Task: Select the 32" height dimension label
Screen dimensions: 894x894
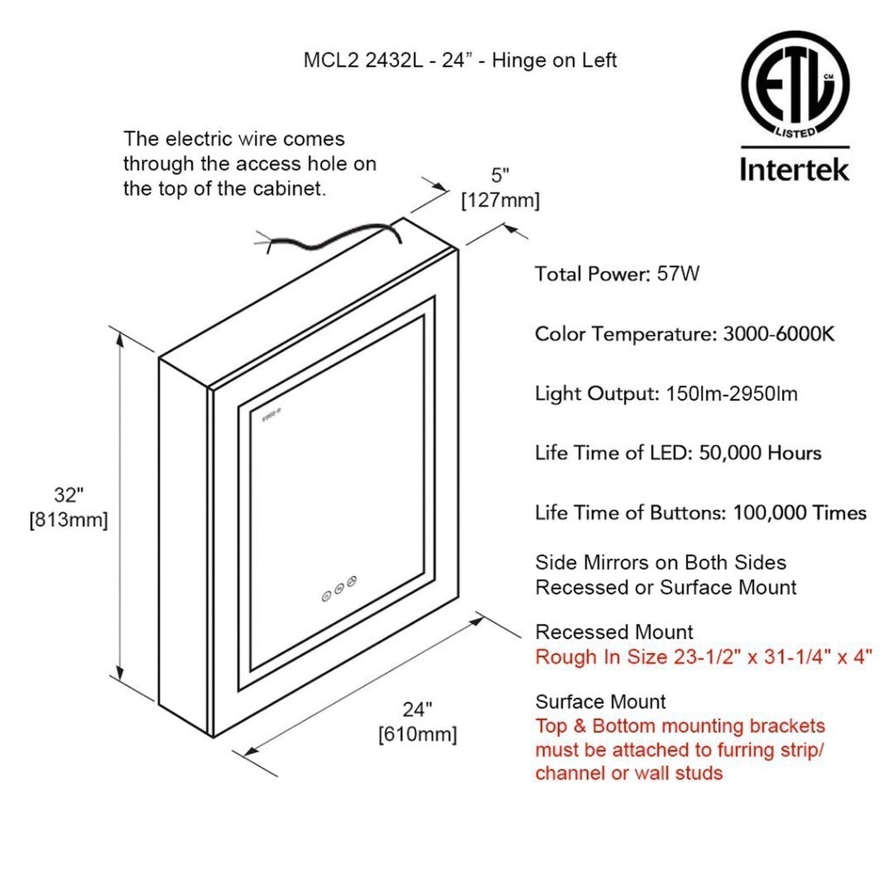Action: [x=69, y=495]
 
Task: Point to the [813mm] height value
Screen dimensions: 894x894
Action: [x=69, y=520]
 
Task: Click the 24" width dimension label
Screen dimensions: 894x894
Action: [x=417, y=709]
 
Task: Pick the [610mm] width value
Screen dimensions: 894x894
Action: [x=417, y=734]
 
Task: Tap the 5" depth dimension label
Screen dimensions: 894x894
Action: [x=501, y=175]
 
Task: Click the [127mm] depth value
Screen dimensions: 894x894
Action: [x=501, y=200]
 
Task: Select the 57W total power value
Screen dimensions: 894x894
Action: [x=678, y=274]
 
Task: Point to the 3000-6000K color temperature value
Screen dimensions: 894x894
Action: [x=778, y=334]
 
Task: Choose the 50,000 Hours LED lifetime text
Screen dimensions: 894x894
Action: [x=760, y=453]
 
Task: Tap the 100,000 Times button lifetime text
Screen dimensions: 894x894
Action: [x=799, y=513]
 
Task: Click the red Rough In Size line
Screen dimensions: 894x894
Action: [x=703, y=657]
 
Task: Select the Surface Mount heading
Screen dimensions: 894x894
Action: [x=600, y=701]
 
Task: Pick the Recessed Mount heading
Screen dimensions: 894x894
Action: [x=614, y=632]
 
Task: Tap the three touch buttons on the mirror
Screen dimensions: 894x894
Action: [x=339, y=588]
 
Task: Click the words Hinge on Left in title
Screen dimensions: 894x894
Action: [x=554, y=60]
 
